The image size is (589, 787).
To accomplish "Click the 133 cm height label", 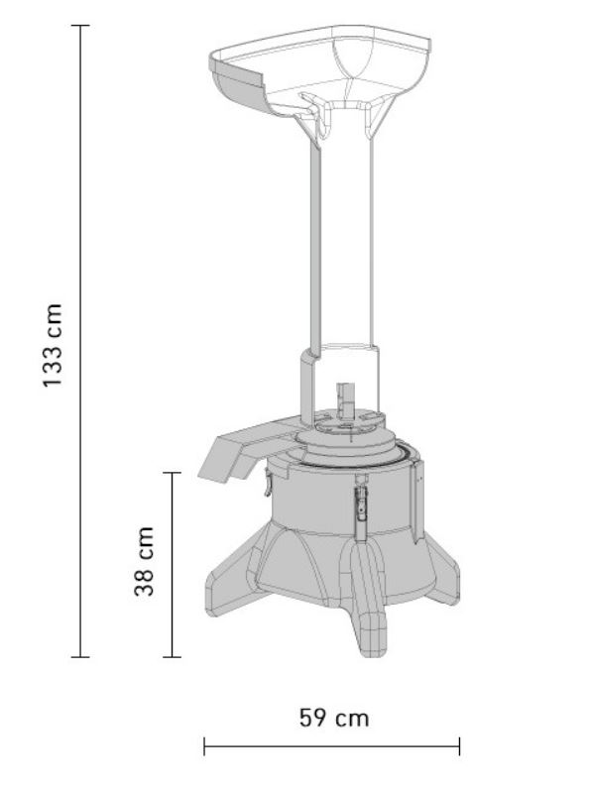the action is (x=53, y=345).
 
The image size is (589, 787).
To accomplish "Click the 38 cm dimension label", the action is (x=144, y=561).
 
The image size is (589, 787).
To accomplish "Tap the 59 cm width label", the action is (x=334, y=718).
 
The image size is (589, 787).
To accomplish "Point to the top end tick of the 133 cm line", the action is (x=80, y=25).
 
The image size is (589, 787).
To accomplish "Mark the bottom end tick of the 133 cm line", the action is (x=80, y=657).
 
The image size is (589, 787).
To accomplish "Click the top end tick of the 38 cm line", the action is (x=173, y=473).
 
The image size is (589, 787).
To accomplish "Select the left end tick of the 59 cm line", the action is (x=204, y=746).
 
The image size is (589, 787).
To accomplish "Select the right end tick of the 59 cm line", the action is (x=459, y=746).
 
